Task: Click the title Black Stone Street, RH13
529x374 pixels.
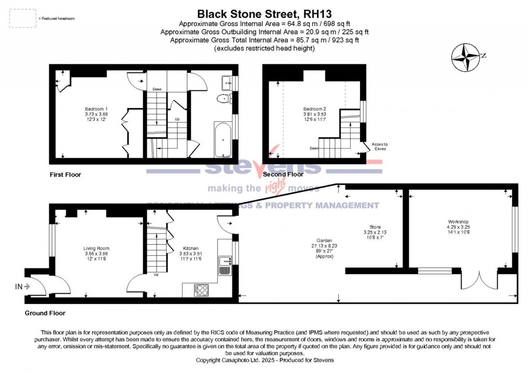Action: click(x=264, y=14)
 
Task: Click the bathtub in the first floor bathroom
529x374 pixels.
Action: click(x=224, y=139)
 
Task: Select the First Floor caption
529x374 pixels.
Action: click(x=65, y=175)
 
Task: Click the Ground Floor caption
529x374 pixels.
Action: click(x=45, y=313)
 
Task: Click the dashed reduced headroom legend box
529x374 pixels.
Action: click(x=23, y=18)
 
